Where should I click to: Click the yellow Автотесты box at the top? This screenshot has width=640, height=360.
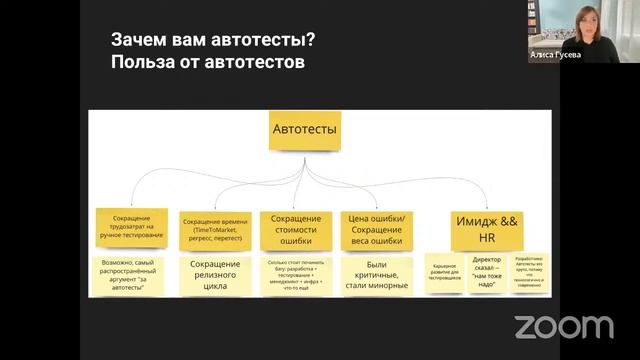click(305, 130)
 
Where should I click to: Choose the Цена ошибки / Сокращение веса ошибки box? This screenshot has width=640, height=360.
click(375, 226)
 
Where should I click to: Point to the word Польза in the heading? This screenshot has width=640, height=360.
click(140, 61)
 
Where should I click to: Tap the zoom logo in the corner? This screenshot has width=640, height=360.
click(564, 327)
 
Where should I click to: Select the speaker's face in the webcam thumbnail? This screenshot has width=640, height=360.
click(582, 20)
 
